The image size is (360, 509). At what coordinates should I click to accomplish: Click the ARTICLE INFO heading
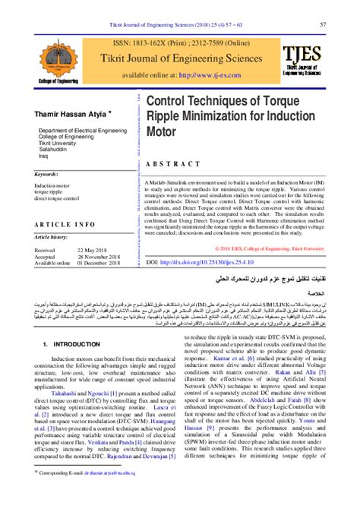click(65, 224)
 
